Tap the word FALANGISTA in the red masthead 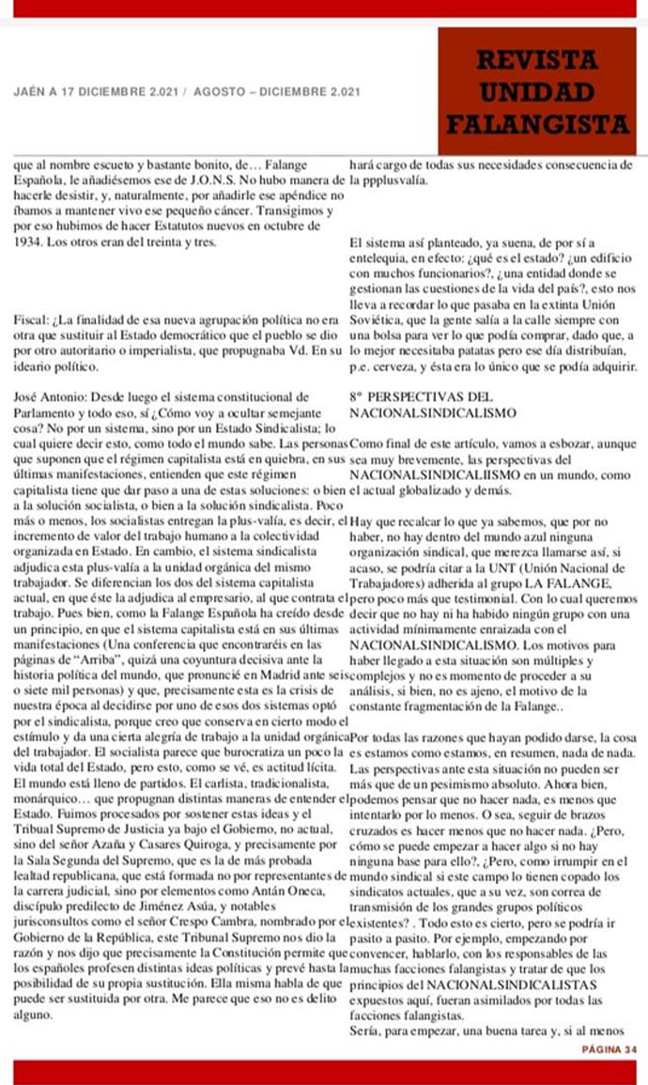(537, 124)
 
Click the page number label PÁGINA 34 (609, 1048)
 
